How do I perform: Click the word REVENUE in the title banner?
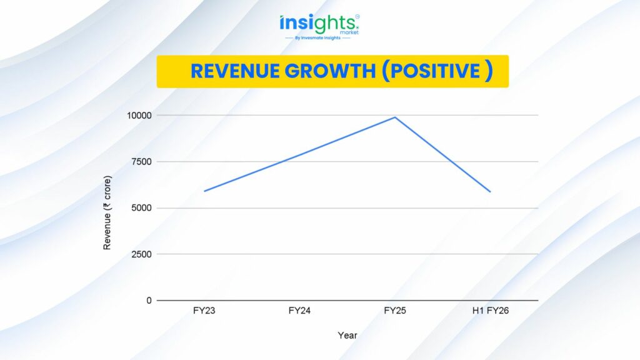235,71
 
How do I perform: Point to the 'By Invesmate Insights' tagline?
319,38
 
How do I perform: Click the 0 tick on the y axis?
149,300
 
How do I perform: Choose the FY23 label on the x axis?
204,311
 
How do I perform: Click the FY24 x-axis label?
300,311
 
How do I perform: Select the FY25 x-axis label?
395,311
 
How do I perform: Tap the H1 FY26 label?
491,311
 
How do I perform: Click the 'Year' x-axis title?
347,336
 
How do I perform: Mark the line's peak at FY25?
395,117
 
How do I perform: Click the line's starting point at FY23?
204,191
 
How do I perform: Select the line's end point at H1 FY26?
491,192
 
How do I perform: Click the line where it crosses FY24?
300,154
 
